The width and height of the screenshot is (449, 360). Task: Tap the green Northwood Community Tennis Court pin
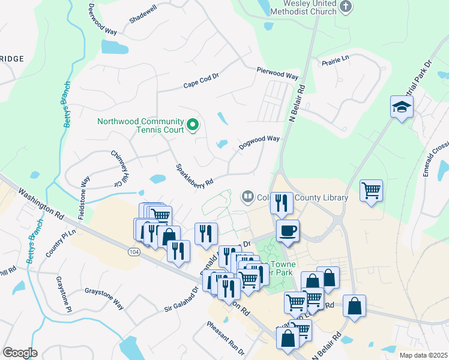click(x=193, y=125)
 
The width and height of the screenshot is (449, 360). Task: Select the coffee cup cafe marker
click(x=288, y=231)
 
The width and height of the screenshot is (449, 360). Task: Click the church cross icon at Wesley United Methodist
click(x=345, y=7)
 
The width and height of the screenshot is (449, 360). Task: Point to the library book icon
click(x=247, y=196)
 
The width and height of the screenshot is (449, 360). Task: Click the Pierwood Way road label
click(x=277, y=73)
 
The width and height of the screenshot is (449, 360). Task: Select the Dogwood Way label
click(x=259, y=142)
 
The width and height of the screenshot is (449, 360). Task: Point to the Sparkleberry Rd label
click(x=194, y=175)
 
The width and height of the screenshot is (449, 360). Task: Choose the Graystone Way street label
click(x=104, y=298)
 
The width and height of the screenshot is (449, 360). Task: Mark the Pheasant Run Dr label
click(x=226, y=338)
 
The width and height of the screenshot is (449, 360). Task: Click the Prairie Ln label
click(x=336, y=60)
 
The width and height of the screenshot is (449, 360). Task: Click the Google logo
click(x=20, y=352)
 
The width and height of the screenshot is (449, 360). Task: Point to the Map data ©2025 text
click(x=423, y=355)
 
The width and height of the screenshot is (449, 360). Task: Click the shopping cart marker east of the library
click(x=372, y=191)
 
